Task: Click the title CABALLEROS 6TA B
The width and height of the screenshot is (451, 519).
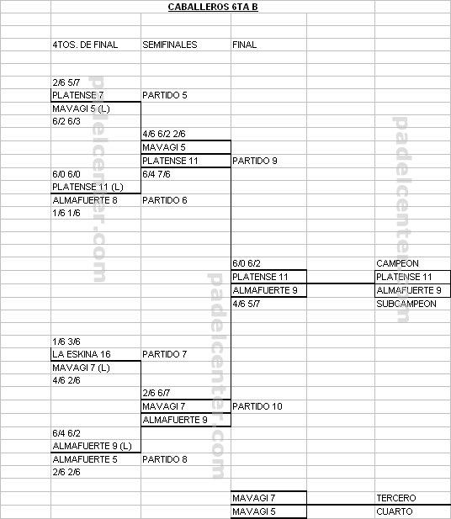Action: click(213, 7)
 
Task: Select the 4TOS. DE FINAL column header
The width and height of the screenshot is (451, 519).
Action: click(85, 45)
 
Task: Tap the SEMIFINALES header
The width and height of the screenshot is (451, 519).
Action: click(170, 45)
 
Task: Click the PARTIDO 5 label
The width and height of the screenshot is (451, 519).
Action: click(165, 95)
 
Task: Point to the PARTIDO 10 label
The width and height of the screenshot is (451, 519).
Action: click(257, 406)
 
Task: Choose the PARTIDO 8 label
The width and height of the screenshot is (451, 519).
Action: click(165, 459)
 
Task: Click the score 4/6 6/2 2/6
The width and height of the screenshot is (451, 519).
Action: click(164, 134)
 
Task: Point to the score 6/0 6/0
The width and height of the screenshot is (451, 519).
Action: click(66, 174)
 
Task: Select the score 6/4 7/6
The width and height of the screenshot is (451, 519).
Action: click(157, 174)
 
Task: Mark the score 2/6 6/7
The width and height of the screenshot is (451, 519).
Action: click(157, 393)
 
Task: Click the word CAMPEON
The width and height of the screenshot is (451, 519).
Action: click(397, 263)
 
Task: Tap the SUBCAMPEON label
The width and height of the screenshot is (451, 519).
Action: click(406, 304)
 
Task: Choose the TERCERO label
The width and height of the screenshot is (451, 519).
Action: click(396, 498)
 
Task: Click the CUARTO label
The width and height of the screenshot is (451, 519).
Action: click(395, 511)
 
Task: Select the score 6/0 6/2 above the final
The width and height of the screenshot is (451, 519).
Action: click(247, 263)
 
